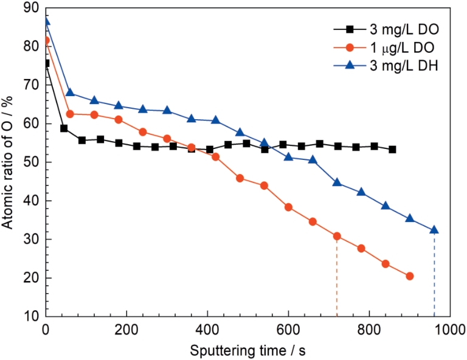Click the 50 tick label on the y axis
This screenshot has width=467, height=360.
[32, 162]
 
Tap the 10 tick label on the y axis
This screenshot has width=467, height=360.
[32, 316]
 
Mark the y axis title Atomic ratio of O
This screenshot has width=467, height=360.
[9, 161]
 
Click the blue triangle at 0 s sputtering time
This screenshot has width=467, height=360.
[46, 22]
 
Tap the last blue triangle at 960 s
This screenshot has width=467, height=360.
[434, 230]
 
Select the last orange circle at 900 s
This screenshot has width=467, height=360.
[410, 276]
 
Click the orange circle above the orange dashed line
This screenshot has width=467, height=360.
[337, 236]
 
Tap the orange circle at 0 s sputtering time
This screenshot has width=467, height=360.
[46, 40]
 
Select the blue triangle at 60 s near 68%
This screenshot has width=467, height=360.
[70, 92]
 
